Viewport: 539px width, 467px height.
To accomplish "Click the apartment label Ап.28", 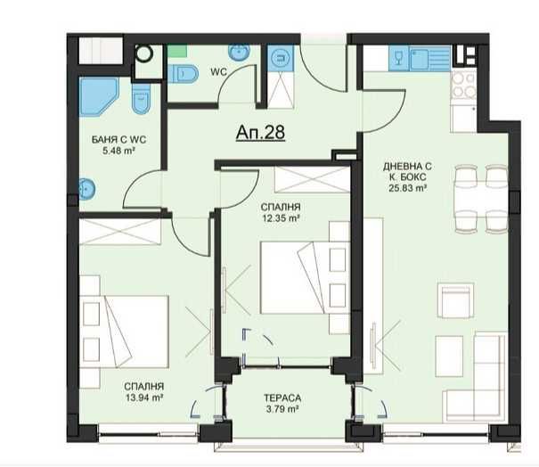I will (260, 133).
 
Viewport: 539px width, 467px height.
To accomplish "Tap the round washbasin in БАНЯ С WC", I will (86, 189).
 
